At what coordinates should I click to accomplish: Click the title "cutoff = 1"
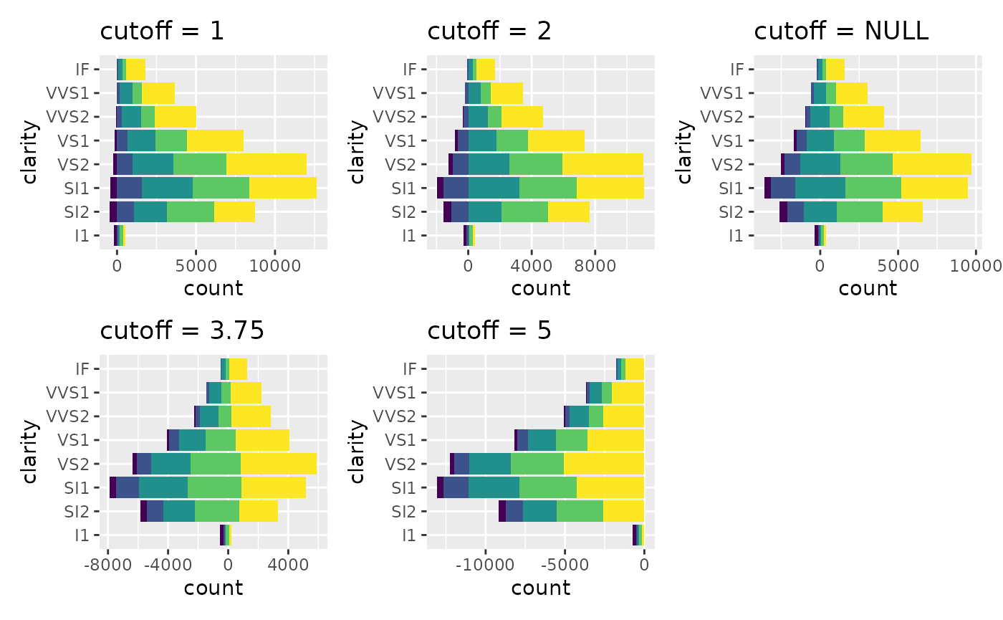point(162,32)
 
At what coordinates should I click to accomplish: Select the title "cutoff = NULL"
point(842,32)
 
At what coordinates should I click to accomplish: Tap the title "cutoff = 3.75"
point(183,330)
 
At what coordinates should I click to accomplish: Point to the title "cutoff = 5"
point(490,330)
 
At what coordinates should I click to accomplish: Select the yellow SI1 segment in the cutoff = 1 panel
point(283,188)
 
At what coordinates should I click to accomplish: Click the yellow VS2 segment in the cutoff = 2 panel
point(603,164)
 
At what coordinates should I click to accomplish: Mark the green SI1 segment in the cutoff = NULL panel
point(873,188)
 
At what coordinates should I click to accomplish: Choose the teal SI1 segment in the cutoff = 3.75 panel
point(163,487)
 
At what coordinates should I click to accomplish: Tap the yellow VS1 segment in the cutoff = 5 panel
point(615,440)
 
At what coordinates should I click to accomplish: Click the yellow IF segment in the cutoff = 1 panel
point(135,70)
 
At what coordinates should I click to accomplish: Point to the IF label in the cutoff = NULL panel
point(736,70)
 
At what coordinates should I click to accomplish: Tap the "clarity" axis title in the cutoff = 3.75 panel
point(31,452)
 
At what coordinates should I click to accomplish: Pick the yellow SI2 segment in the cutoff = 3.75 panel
point(259,511)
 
